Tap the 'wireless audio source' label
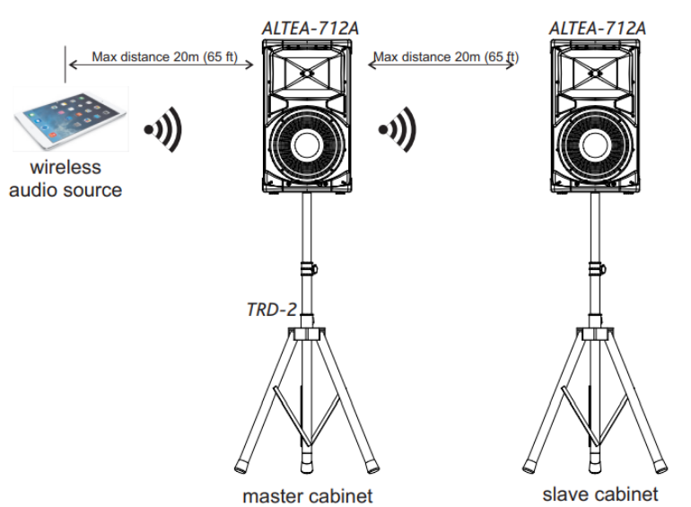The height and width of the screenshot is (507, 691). pyautogui.click(x=66, y=179)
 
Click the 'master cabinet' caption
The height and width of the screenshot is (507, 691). pyautogui.click(x=308, y=494)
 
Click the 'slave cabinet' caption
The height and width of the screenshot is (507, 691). pyautogui.click(x=599, y=494)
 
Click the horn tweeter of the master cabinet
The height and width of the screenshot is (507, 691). pyautogui.click(x=307, y=73)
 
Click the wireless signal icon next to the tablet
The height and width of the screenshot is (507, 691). pyautogui.click(x=165, y=131)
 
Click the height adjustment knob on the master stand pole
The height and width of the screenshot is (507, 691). pyautogui.click(x=311, y=267)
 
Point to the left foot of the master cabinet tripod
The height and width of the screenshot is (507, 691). pyautogui.click(x=242, y=466)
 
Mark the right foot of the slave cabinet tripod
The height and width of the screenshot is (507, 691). pyautogui.click(x=662, y=466)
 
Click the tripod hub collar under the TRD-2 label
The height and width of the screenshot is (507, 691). pyautogui.click(x=306, y=333)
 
